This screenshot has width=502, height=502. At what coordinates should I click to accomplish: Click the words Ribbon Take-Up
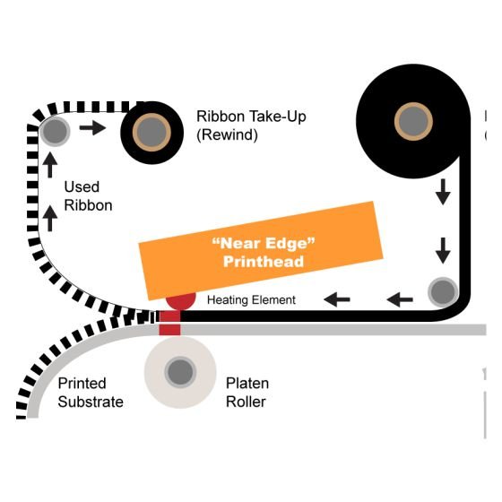[x=251, y=117]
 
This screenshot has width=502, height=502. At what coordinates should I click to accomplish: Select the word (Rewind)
[x=227, y=134]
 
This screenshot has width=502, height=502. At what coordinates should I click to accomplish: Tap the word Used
[x=82, y=186]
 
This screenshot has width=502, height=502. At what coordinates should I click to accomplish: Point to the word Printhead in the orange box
[x=264, y=261]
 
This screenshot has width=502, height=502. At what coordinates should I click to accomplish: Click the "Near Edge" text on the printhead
[x=264, y=243]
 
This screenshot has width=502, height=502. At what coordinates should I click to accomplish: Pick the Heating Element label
[x=251, y=300]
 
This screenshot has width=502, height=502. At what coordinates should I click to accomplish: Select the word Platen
[x=247, y=384]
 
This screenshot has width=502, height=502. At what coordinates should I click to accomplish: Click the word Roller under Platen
[x=246, y=402]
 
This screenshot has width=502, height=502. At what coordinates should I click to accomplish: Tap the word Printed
[x=82, y=384]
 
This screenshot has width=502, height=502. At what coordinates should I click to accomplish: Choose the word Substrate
[x=91, y=402]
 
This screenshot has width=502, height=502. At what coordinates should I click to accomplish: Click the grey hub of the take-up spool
[x=151, y=133]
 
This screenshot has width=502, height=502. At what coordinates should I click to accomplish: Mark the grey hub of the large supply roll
[x=413, y=122]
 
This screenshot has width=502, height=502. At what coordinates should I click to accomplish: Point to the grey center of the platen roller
[x=180, y=372]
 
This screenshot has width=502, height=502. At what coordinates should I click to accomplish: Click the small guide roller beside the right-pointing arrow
[x=55, y=131]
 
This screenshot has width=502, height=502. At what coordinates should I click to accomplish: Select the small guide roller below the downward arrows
[x=443, y=291]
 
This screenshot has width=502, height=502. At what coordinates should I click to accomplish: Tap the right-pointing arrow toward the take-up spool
[x=92, y=127]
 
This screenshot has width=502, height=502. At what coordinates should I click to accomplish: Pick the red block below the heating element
[x=169, y=323]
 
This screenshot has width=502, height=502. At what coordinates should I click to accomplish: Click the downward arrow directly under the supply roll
[x=443, y=192]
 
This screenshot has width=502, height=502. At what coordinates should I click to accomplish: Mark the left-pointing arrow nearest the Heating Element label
[x=337, y=299]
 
